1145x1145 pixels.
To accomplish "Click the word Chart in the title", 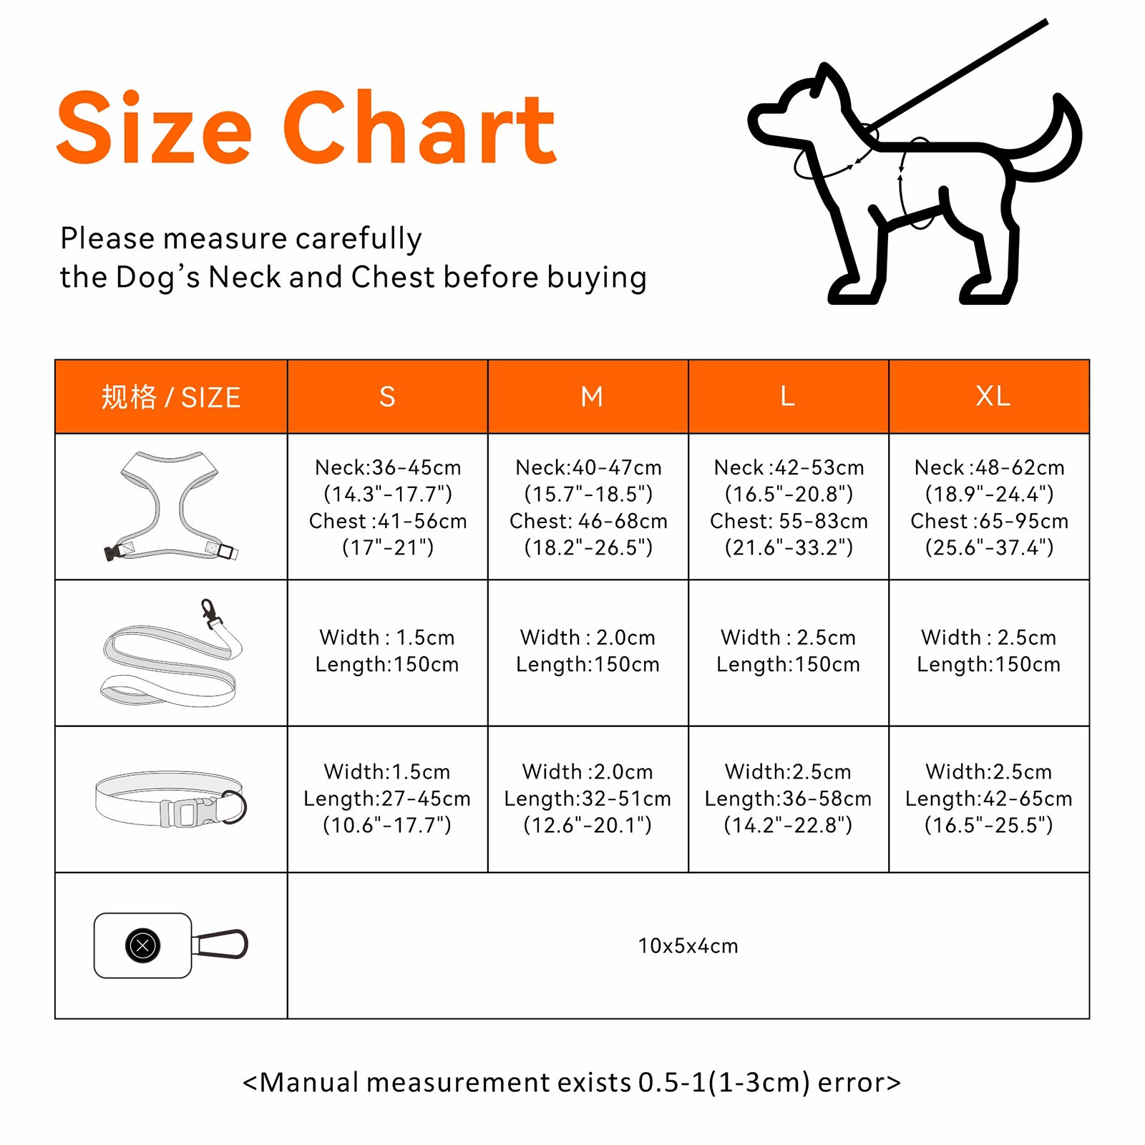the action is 420,127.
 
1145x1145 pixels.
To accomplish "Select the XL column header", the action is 993,396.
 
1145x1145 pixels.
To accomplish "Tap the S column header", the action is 387,396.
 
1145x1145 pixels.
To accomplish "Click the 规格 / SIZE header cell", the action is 171,397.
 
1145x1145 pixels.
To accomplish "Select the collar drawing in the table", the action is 171,799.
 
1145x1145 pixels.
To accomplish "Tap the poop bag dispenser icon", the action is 170,945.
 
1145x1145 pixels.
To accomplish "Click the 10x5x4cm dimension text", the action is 688,946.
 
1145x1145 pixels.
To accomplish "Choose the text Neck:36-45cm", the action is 388,467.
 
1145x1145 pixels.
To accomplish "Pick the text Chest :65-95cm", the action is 989,521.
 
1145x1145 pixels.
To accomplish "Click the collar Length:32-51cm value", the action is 588,799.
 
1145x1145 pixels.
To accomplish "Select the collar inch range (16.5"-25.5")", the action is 989,825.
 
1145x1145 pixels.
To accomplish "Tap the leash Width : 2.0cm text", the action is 588,637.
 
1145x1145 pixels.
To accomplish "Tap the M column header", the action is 592,396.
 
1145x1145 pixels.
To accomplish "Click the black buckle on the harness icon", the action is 112,552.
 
